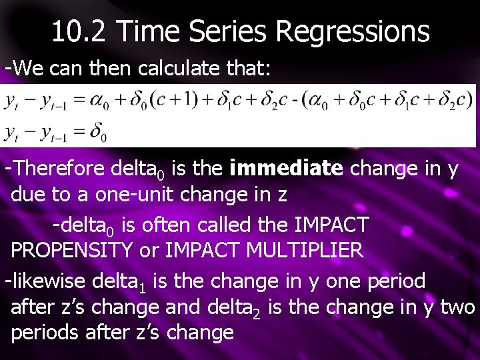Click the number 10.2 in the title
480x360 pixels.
pos(79,31)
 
